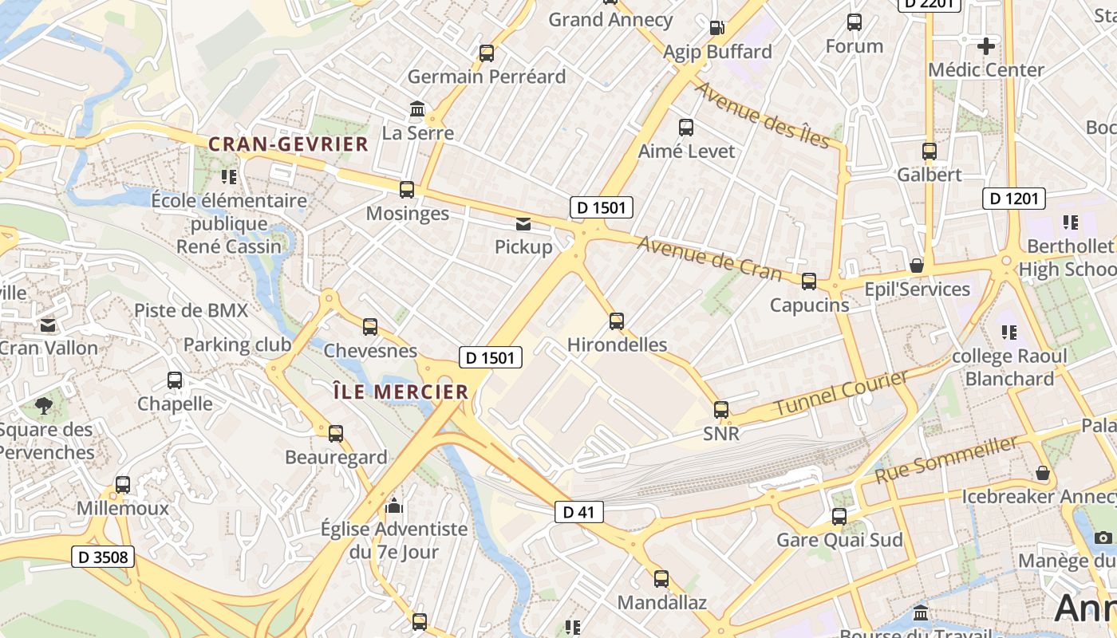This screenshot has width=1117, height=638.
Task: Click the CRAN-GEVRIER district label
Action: [288, 144]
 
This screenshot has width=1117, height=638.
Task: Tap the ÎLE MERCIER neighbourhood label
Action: [400, 392]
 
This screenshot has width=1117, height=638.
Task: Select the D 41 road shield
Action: [579, 512]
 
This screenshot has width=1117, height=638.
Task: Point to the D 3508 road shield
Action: [104, 557]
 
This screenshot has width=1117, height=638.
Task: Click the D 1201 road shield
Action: [1013, 199]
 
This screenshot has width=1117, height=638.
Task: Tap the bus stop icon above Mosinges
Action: [407, 190]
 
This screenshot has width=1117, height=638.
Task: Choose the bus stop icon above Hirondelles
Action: [617, 321]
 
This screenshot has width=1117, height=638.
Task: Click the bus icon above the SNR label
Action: [721, 410]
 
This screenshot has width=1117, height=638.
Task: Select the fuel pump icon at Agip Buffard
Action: [716, 28]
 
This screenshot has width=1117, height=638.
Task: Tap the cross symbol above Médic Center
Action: [986, 46]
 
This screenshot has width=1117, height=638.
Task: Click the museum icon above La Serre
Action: [417, 109]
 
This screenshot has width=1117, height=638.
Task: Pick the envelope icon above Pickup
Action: [523, 224]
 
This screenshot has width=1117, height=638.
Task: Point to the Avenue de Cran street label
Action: [709, 258]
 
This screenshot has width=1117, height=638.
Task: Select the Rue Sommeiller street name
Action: [946, 459]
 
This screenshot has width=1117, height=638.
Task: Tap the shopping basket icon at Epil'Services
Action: [917, 265]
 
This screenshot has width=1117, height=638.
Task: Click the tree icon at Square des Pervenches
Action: [44, 406]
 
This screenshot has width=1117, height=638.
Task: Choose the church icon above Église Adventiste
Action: [393, 505]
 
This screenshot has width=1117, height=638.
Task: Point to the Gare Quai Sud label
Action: [840, 540]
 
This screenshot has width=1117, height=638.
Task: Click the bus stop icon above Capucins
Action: [809, 281]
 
